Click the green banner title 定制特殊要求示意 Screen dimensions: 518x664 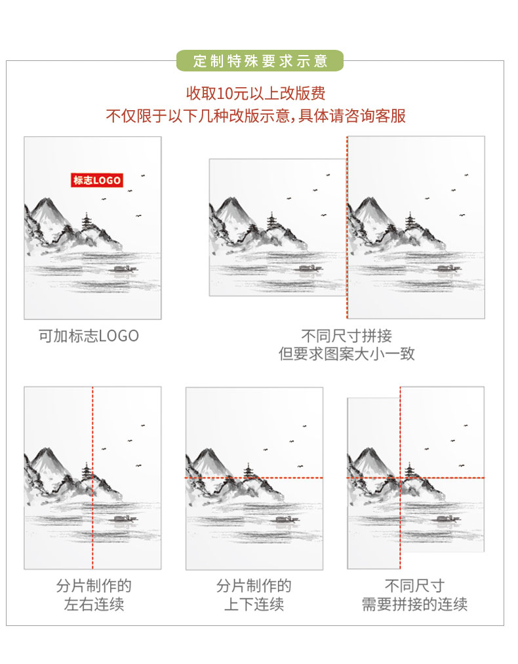tap(260, 61)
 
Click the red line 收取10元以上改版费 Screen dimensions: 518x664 tap(256, 93)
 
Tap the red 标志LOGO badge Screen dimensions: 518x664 tap(96, 180)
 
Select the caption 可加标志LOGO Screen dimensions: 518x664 tap(89, 336)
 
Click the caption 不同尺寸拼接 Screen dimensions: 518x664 tap(346, 336)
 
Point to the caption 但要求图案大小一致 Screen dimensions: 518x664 tap(346, 353)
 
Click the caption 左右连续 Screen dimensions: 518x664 tap(94, 604)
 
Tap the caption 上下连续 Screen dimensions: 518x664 tap(254, 604)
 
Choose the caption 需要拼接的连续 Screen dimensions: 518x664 tap(414, 604)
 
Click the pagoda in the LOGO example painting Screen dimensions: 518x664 tap(87, 222)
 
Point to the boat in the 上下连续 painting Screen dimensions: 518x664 tap(286, 518)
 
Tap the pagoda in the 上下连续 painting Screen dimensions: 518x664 tap(249, 472)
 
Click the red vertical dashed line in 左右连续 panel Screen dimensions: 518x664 tap(92, 478)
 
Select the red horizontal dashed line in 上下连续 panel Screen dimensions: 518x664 tap(254, 478)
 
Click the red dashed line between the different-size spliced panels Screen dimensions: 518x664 tap(347, 227)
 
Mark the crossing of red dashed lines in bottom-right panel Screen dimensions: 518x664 tap(400, 478)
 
